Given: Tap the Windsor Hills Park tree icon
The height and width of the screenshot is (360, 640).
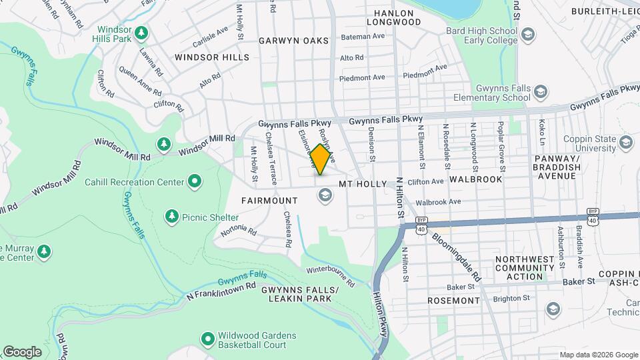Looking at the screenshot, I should [x=141, y=33].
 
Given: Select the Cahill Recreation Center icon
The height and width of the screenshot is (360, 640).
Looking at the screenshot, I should [x=195, y=181].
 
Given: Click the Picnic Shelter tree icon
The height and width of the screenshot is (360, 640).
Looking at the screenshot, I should [x=172, y=217].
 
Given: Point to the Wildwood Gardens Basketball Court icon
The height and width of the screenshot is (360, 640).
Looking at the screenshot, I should [x=207, y=339].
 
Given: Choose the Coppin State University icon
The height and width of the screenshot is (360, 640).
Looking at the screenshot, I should [x=625, y=142].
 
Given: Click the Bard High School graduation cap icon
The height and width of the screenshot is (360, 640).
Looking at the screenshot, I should [x=527, y=35].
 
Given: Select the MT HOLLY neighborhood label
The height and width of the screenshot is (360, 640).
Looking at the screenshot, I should [x=363, y=183].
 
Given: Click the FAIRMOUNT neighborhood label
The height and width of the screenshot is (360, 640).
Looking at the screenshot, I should [x=270, y=200].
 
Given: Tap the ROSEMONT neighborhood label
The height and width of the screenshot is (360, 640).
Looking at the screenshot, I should [x=453, y=301].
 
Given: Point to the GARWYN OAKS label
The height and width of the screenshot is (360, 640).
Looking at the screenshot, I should [x=294, y=41].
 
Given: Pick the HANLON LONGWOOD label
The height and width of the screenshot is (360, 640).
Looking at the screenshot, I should [x=397, y=17].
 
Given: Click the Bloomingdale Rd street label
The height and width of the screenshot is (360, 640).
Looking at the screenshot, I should [x=456, y=256].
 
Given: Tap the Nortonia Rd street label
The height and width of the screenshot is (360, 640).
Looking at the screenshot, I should [x=239, y=231].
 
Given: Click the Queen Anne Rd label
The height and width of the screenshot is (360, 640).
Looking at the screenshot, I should [x=140, y=80].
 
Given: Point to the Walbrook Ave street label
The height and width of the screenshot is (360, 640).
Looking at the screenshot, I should [x=438, y=201].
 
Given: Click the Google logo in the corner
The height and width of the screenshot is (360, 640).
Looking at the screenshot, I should [x=22, y=352].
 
